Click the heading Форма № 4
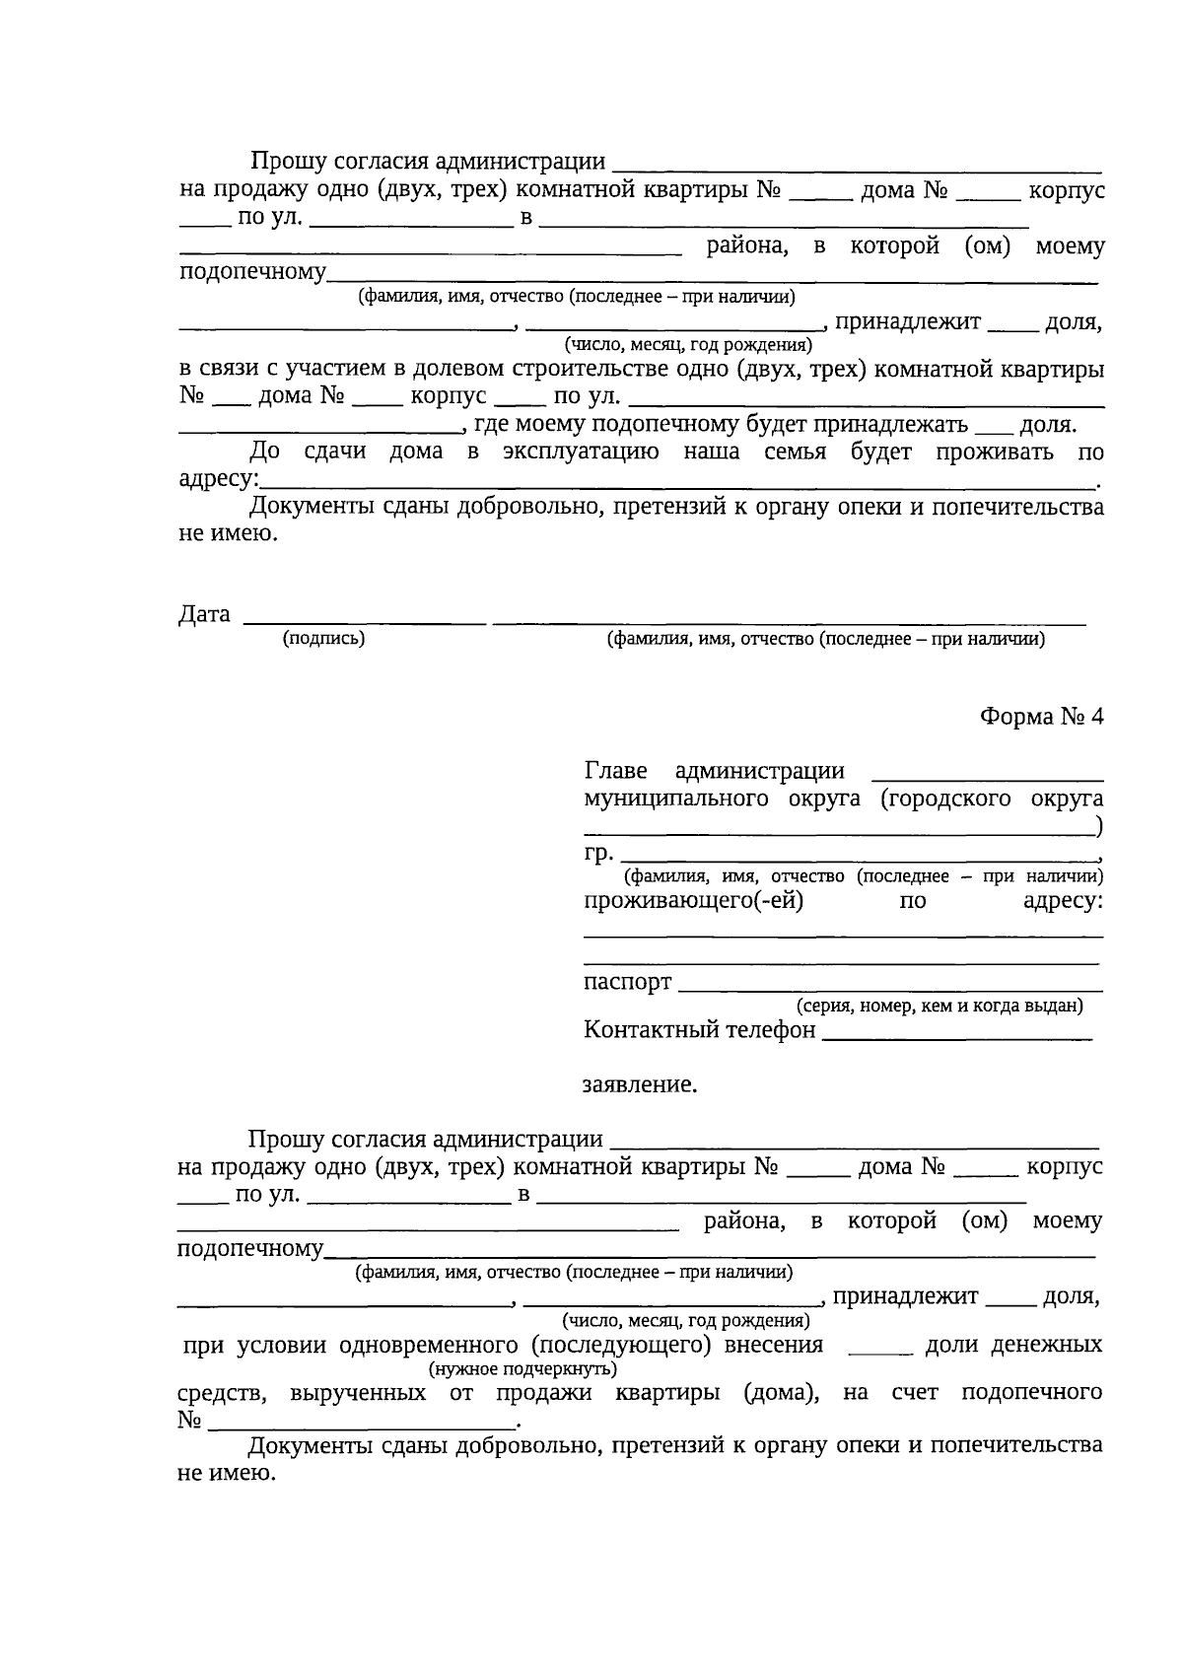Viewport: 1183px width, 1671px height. (1041, 717)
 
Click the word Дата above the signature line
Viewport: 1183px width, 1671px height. (204, 614)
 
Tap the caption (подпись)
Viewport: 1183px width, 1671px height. (323, 639)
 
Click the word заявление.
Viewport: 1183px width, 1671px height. (640, 1084)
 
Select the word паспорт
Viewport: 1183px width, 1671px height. (627, 982)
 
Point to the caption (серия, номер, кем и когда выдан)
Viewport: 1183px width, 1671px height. (939, 1007)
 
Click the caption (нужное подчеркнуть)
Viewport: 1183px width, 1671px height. (522, 1369)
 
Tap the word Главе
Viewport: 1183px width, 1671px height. (615, 771)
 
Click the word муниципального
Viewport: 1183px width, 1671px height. (675, 799)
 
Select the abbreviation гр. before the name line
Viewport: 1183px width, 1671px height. (598, 852)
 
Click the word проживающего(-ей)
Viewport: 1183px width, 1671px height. (693, 900)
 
